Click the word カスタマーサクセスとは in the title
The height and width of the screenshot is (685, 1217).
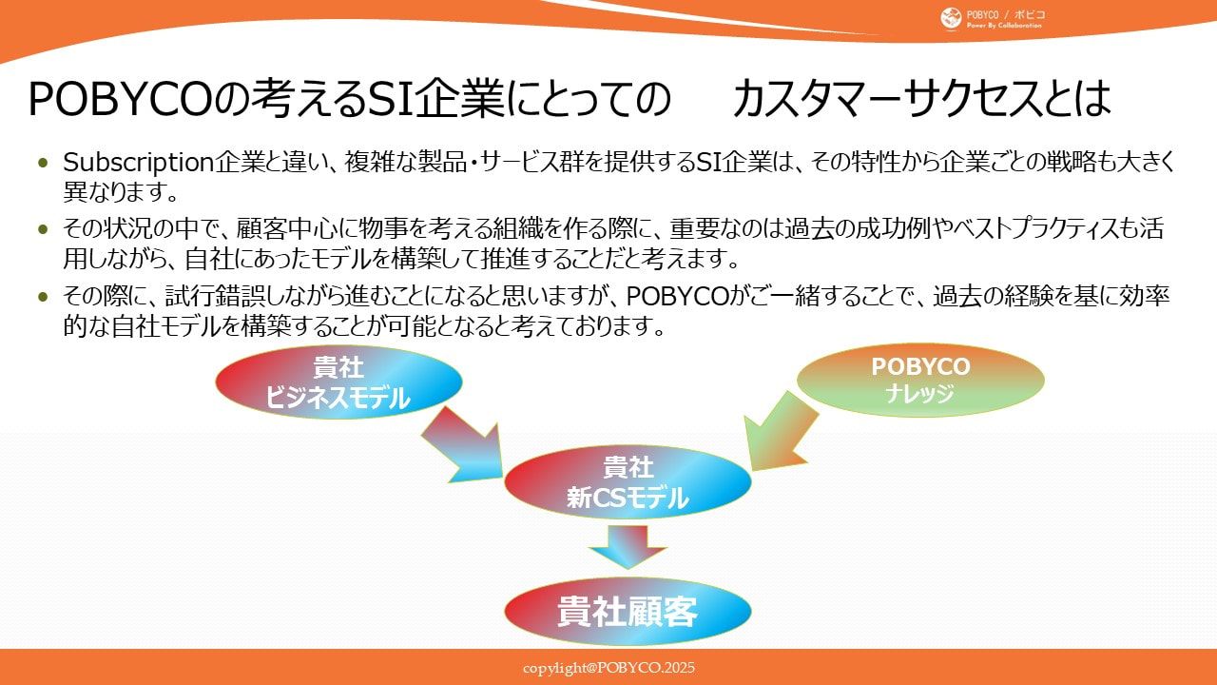pos(921,98)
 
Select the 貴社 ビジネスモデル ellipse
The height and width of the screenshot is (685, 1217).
pos(338,382)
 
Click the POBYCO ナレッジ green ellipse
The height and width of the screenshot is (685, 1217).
pos(919,380)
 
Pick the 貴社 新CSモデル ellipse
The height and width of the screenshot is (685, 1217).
pos(628,482)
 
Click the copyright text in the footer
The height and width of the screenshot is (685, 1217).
pos(608,668)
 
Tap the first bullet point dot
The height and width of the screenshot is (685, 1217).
pos(43,163)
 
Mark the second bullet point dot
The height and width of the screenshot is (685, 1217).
pos(43,230)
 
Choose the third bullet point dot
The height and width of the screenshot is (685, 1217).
pos(43,297)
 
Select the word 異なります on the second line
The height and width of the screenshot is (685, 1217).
pos(121,193)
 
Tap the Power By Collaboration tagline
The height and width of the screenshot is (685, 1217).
pos(1004,25)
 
